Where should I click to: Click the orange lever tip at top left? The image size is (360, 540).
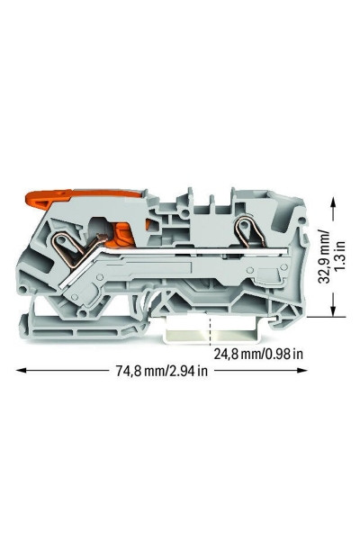pyautogui.click(x=34, y=202)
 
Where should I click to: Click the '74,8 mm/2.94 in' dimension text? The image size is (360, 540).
pyautogui.click(x=162, y=371)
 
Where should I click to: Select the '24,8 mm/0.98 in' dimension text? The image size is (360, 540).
pyautogui.click(x=259, y=354)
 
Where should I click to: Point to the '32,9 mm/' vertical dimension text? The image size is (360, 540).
pyautogui.click(x=324, y=256)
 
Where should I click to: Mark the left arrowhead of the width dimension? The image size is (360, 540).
pyautogui.click(x=21, y=370)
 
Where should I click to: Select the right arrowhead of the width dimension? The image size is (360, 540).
pyautogui.click(x=302, y=370)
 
